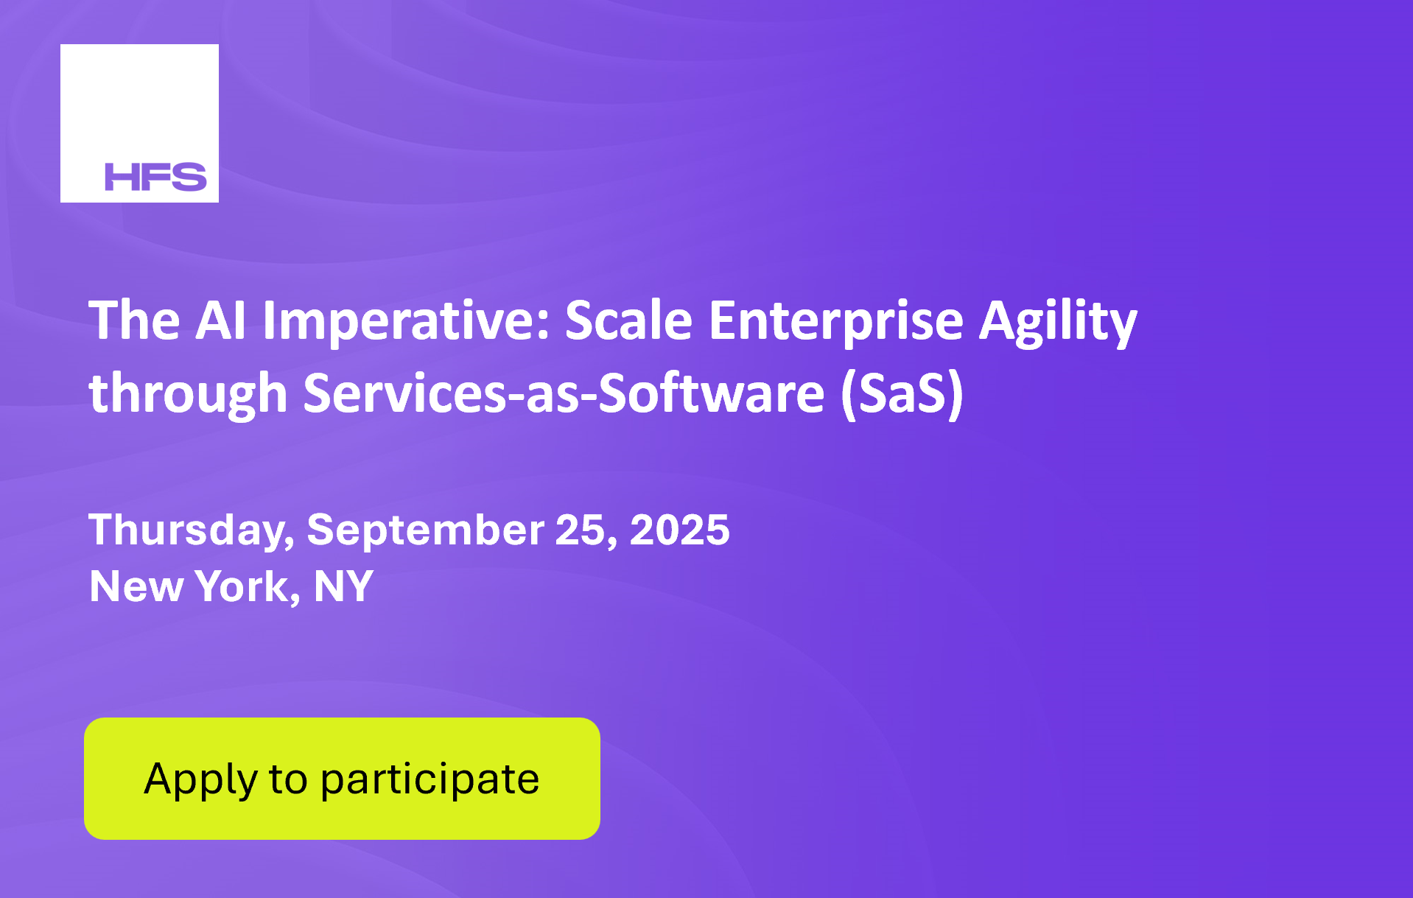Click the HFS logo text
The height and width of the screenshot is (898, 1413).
155,177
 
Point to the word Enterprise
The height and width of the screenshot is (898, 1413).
836,322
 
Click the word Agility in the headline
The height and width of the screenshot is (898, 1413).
1058,322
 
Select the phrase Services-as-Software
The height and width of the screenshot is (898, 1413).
564,392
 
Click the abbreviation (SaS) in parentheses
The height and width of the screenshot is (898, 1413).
902,393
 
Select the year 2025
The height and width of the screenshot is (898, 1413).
679,530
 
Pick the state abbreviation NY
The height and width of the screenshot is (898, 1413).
343,586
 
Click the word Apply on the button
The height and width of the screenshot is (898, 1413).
200,780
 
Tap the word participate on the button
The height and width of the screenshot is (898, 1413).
429,780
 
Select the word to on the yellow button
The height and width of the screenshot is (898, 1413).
288,779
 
